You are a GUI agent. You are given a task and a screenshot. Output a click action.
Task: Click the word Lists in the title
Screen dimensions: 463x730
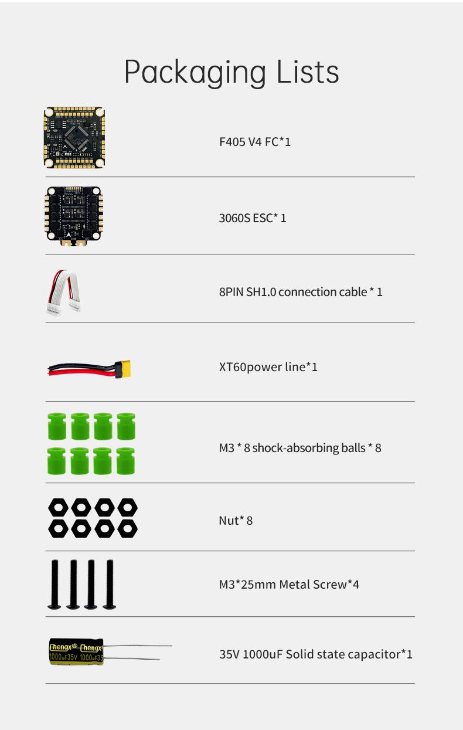[x=308, y=72]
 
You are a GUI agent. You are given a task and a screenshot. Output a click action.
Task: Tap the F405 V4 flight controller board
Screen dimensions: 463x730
[x=74, y=138]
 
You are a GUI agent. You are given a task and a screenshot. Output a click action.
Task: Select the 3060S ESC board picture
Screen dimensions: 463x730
[x=74, y=216]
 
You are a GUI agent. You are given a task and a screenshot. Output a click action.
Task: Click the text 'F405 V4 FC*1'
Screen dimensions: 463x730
[x=255, y=142]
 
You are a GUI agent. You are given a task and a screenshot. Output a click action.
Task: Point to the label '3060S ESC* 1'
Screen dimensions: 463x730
[x=253, y=218]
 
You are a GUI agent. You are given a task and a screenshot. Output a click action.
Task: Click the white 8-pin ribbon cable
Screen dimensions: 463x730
[x=64, y=293]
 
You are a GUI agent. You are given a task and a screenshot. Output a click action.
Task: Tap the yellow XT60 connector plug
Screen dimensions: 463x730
[x=123, y=369]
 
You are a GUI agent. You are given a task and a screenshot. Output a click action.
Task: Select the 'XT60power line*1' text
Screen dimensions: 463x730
[x=268, y=367]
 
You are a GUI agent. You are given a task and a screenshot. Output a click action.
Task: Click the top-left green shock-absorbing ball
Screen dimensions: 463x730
[x=57, y=426]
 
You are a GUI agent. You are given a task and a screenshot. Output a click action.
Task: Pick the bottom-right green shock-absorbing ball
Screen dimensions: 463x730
[x=126, y=461]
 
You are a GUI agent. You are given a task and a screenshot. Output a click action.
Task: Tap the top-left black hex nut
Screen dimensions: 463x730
[x=59, y=507]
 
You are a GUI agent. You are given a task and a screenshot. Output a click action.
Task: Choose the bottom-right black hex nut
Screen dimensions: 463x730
[x=127, y=528]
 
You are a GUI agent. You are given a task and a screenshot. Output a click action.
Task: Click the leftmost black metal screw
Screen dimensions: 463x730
[x=55, y=585]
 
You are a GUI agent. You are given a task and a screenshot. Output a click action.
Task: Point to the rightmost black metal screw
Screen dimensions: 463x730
[x=110, y=585]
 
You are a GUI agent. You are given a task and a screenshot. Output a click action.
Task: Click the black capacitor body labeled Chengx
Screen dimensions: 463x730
[x=76, y=652]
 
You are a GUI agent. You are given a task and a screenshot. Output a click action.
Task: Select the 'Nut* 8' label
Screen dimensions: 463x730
[x=236, y=521]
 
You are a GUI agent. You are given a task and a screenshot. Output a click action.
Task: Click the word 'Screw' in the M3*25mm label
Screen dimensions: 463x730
[x=330, y=585]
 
